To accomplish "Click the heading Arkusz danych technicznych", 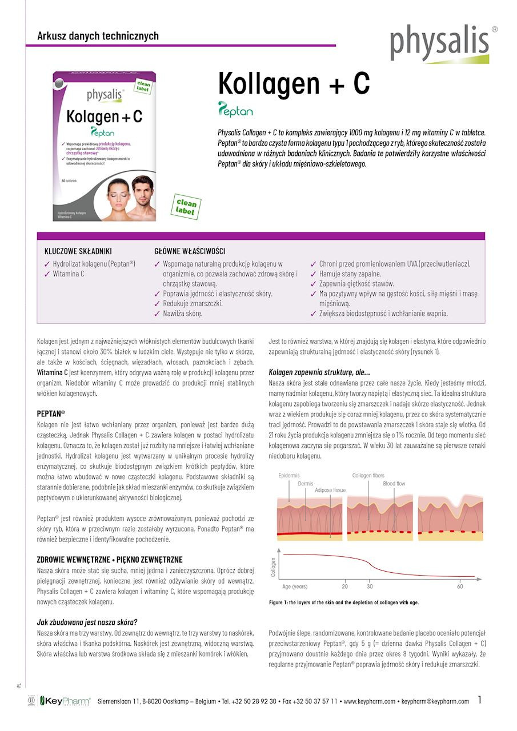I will pos(98,36).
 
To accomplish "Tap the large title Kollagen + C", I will pos(294,84).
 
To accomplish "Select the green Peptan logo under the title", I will pos(235,109).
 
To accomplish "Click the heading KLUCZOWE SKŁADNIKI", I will pos(78,251).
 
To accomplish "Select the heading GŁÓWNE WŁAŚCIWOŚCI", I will pos(190,251).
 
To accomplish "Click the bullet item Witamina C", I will pos(69,274).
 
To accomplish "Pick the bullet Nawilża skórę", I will pos(182,314).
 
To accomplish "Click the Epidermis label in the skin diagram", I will pos(289,476).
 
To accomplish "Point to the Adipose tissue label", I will pos(330,490).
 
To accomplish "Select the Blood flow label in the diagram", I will pos(394,484).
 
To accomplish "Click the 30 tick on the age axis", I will pos(370,587).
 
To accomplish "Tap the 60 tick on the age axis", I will pos(460,587).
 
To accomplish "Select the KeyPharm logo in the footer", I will pos(64,701).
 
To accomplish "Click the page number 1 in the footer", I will pos(480,700).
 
